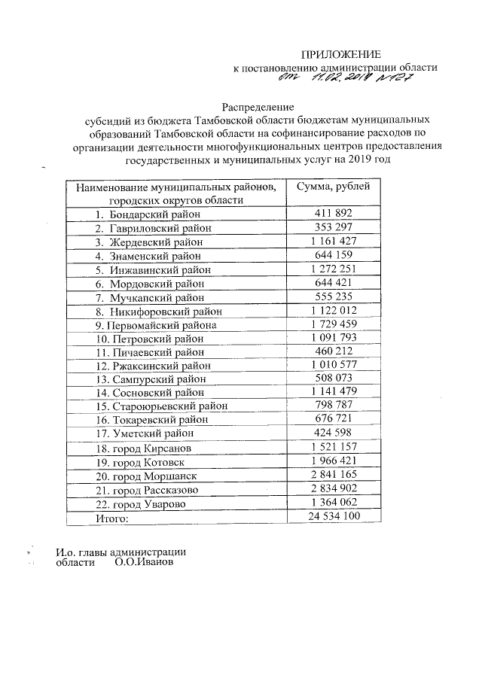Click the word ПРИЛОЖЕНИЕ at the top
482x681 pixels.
click(x=342, y=54)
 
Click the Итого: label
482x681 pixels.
click(x=112, y=518)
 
